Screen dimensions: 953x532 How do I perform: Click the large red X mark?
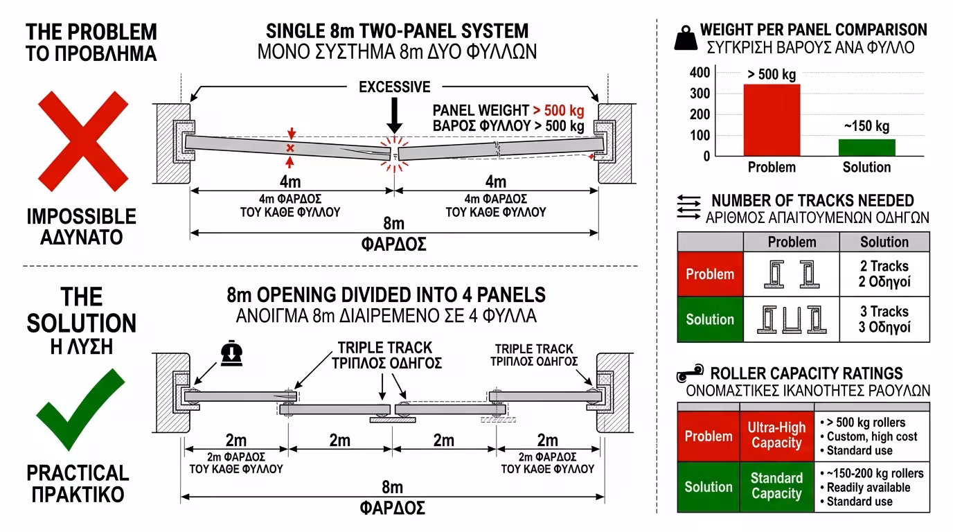coord(83,141)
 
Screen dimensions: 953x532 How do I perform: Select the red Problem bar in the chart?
coord(772,120)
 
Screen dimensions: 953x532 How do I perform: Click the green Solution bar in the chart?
coord(867,148)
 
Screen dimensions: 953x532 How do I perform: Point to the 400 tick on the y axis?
coord(700,72)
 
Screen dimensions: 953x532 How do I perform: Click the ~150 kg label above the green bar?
coord(866,126)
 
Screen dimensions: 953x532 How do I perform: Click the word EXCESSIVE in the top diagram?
coord(394,87)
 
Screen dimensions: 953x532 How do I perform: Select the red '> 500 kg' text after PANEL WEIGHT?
coord(558,111)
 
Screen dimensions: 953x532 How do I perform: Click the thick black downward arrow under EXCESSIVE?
coord(394,116)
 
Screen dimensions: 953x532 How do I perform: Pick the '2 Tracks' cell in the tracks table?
coord(884,274)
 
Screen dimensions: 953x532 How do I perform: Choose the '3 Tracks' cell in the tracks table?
coord(884,319)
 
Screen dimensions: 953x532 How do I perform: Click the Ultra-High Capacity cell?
coord(777,436)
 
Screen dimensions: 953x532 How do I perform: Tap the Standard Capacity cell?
coord(777,486)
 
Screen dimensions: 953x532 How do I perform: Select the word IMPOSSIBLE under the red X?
coord(81,217)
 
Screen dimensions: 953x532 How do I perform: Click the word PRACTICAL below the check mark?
coord(78,473)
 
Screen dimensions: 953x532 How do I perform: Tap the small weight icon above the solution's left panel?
coord(231,353)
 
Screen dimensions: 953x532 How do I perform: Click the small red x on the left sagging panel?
coord(290,148)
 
